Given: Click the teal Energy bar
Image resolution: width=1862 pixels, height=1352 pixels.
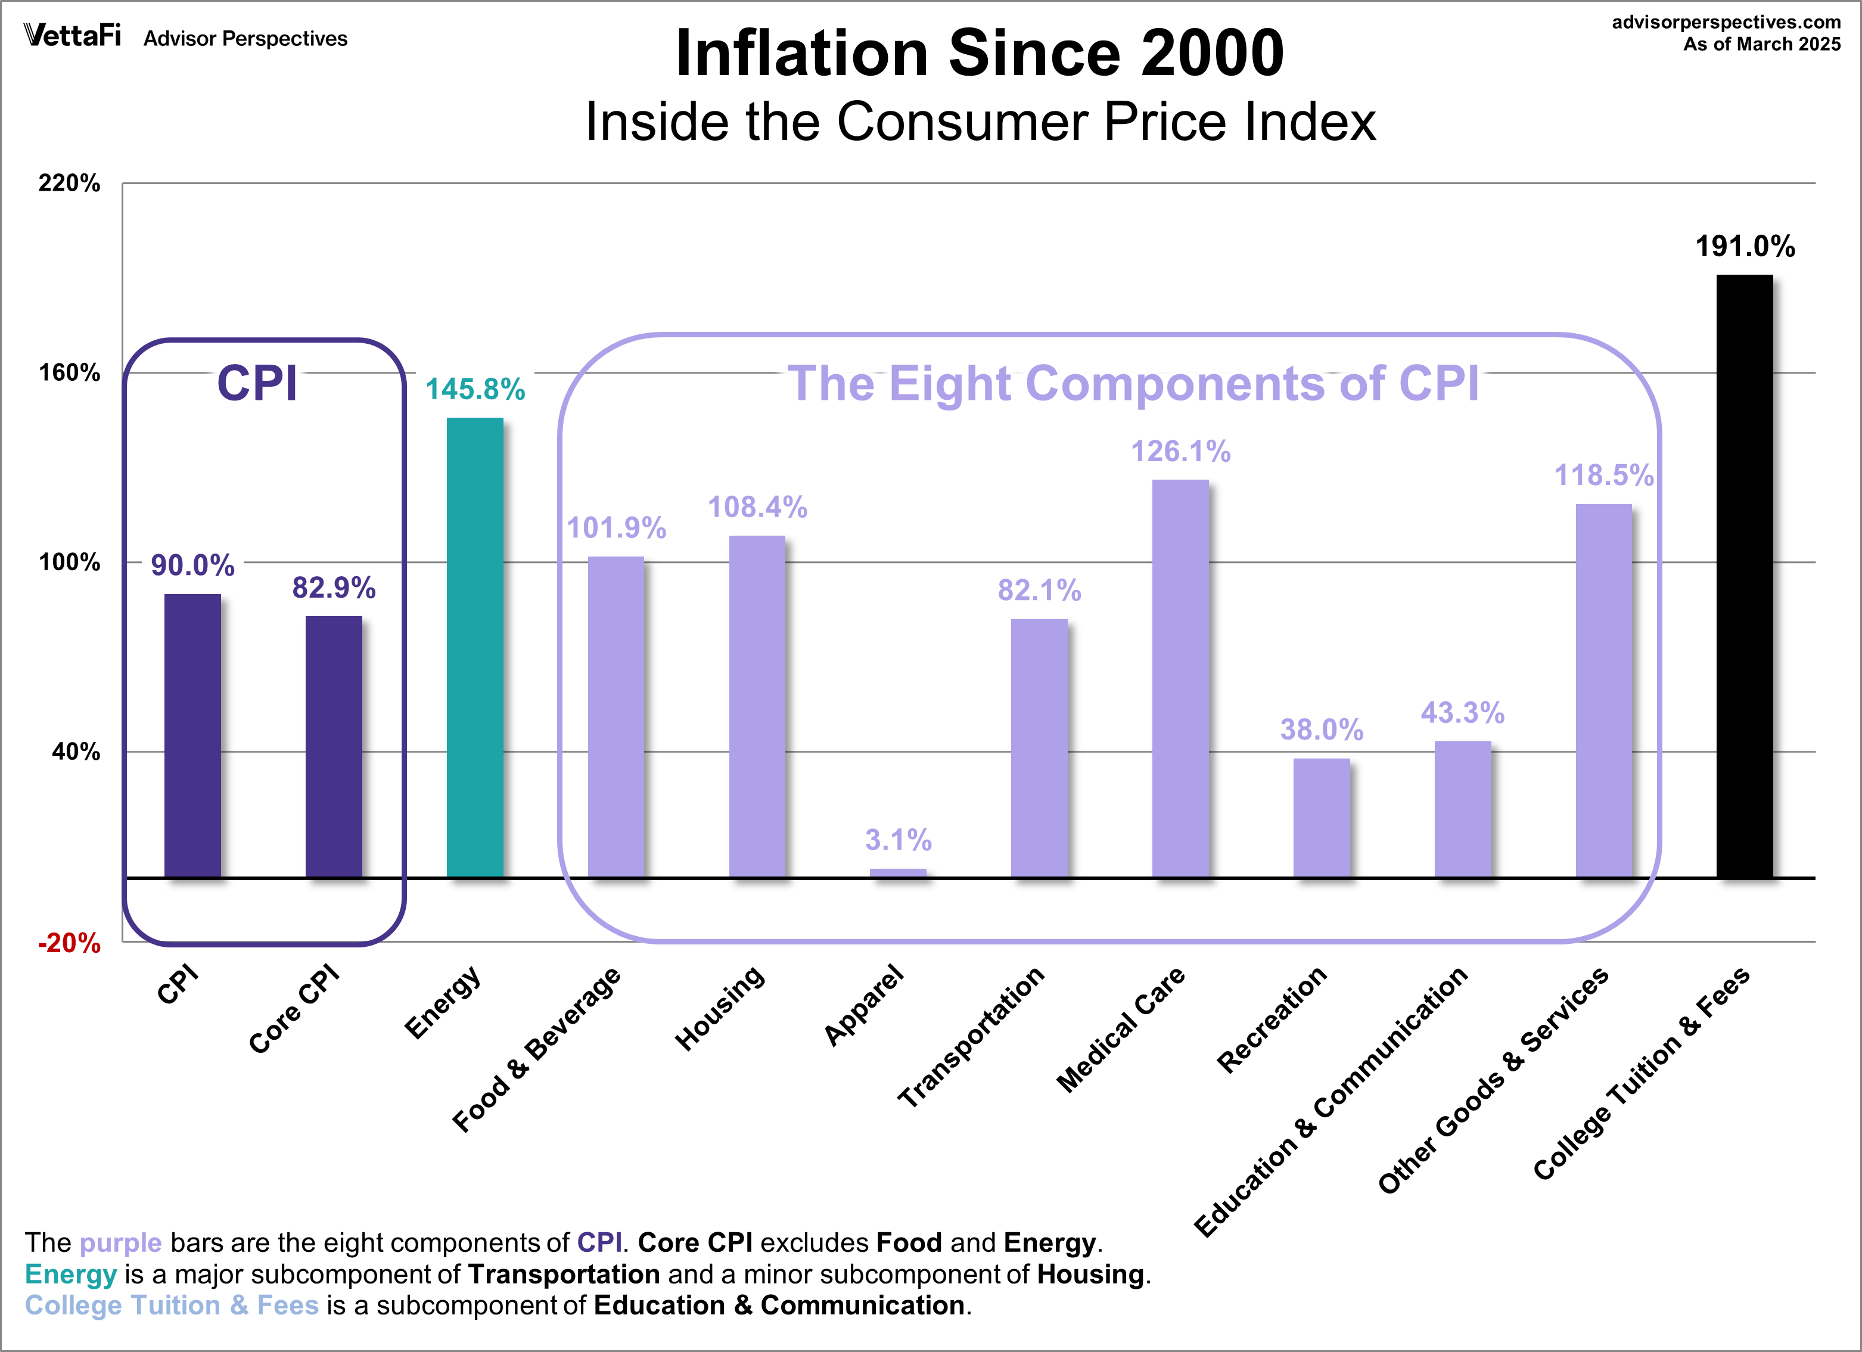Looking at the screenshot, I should coord(474,648).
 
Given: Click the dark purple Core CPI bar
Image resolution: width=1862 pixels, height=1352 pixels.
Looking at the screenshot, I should coord(333,747).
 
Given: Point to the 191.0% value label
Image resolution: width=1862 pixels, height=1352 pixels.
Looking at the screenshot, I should coord(1745,246).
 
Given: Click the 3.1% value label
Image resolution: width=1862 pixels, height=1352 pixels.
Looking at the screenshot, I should coord(898,840).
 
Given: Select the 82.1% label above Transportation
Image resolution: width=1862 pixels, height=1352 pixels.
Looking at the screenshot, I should coord(1039,590).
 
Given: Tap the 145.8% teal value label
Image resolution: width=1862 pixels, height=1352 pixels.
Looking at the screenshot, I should coord(474,389).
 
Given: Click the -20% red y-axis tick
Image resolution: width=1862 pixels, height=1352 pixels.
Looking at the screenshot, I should coord(70,943).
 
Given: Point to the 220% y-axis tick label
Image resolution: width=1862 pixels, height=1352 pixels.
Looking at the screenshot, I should coord(70,183).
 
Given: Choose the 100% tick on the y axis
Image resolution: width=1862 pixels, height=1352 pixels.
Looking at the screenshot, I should coord(70,562).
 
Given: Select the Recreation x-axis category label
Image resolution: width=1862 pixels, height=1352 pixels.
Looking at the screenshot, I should coord(1271,1019).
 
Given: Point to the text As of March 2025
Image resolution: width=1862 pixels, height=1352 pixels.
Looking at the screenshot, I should coord(1762,44).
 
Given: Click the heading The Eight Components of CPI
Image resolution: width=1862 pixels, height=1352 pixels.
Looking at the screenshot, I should coord(1133,383).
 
